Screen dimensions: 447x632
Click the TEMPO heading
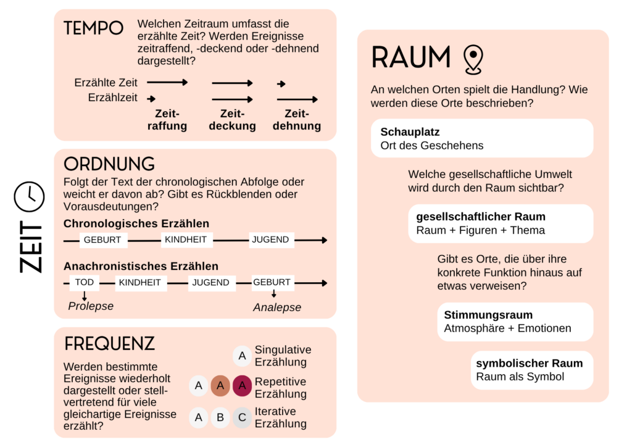point(93,28)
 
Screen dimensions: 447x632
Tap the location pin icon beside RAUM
point(473,59)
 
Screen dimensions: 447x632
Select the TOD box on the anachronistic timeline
point(85,282)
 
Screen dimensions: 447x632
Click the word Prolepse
point(91,306)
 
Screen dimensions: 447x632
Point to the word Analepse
point(277,307)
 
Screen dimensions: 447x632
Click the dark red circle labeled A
point(242,386)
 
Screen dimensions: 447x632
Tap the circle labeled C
point(242,418)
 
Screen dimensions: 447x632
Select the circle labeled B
point(220,418)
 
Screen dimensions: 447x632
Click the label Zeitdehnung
point(297,120)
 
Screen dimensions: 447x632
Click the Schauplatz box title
point(410,132)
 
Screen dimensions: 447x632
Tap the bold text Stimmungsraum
point(488,315)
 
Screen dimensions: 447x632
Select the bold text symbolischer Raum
point(529,363)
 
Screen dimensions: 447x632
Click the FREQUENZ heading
point(109,344)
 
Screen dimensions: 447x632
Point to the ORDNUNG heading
point(109,164)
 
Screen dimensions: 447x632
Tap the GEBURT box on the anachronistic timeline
point(272,282)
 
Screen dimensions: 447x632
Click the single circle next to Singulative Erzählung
point(242,356)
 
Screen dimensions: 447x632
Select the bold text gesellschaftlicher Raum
point(481,217)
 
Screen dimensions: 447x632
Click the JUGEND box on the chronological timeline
point(270,240)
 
